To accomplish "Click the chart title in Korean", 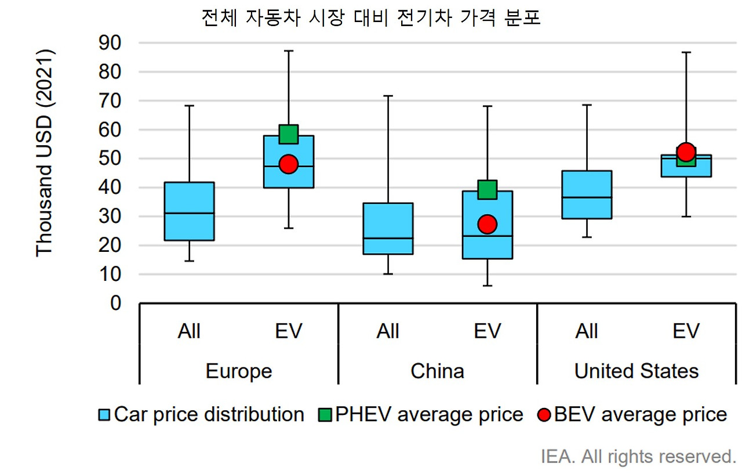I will [x=370, y=18].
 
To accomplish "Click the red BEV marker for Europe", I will [x=288, y=164].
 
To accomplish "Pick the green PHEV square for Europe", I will [x=288, y=134].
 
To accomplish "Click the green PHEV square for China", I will [x=487, y=189].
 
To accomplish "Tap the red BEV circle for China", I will [x=487, y=224].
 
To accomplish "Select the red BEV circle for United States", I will [x=686, y=152].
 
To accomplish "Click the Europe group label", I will [x=239, y=371].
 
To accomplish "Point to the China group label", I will [x=437, y=371].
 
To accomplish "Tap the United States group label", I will [x=636, y=371].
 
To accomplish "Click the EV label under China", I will [x=487, y=331].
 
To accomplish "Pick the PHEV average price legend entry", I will [x=421, y=414].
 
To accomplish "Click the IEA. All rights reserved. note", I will [x=638, y=456].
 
